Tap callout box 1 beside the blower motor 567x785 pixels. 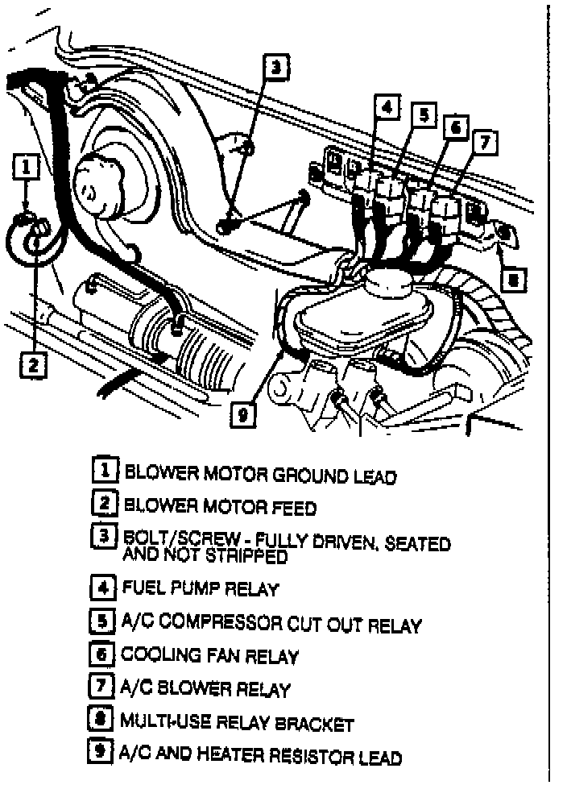27,167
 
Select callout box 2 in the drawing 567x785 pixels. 31,365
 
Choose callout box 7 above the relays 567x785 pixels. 485,143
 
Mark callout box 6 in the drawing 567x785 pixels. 455,128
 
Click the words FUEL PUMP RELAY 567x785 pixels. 201,588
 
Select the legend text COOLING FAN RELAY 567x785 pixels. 209,656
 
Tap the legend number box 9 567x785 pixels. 102,755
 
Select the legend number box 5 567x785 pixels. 102,622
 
